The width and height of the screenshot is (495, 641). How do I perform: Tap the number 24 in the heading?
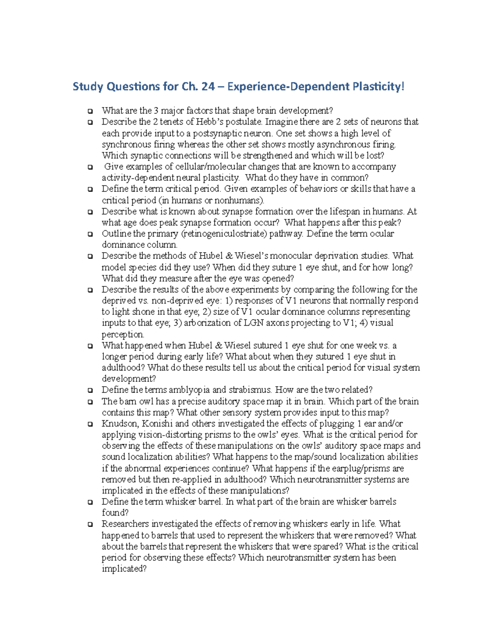coord(208,87)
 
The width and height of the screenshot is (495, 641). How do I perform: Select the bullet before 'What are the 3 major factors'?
coord(90,111)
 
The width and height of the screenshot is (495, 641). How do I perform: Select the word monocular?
coord(287,256)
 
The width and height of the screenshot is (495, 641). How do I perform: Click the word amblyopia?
coord(189,390)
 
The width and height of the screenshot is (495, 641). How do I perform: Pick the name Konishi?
coord(157,424)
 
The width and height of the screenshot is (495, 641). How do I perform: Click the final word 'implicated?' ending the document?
coord(124,569)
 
